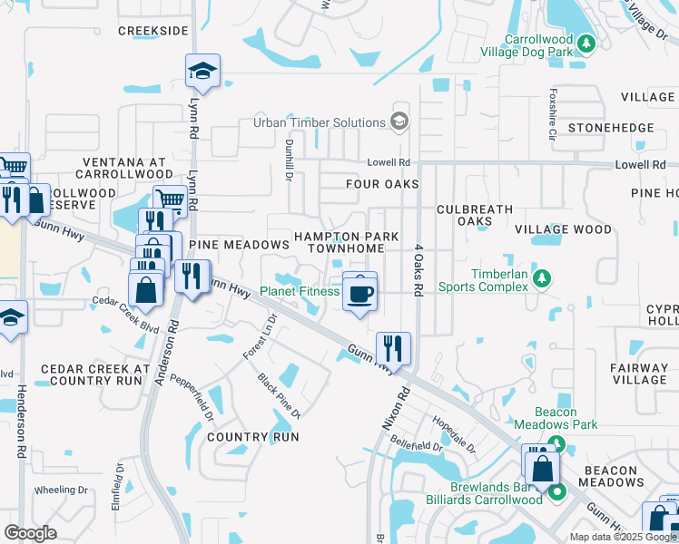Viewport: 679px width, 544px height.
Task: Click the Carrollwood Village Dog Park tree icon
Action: point(586,43)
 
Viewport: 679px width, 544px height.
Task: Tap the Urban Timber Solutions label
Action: point(319,122)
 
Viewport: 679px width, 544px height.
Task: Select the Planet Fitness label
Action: point(300,291)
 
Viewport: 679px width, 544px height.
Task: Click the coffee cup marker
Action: point(360,293)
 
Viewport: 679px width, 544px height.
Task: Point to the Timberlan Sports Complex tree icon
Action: point(542,277)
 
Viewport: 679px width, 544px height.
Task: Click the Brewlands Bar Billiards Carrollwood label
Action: point(484,493)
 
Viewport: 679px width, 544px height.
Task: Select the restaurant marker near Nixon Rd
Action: point(393,346)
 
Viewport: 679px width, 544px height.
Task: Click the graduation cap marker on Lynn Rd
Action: point(203,70)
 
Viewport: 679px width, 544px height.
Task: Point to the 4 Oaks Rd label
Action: point(418,269)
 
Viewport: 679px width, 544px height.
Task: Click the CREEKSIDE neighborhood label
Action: point(153,30)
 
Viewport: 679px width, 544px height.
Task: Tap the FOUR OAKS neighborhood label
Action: point(382,184)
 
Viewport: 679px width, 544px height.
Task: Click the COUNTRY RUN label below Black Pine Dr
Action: point(252,436)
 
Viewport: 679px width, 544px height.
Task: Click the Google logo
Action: point(30,533)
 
